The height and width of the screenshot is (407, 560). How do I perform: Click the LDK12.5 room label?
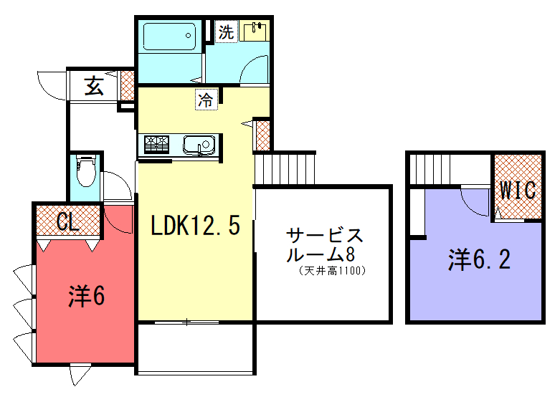(195, 225)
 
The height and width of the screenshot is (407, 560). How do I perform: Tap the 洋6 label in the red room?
(87, 296)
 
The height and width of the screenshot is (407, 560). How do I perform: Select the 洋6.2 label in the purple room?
(479, 259)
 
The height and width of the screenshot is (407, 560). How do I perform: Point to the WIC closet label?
(518, 190)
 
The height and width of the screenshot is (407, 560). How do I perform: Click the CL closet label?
(67, 222)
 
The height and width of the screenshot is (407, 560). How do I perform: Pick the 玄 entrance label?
(94, 86)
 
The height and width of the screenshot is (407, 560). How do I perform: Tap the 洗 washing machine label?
(226, 32)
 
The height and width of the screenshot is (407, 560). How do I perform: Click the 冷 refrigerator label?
(206, 100)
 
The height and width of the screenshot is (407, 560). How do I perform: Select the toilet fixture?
(86, 171)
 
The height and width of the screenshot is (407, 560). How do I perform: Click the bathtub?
(169, 36)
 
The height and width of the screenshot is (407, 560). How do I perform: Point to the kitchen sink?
(199, 145)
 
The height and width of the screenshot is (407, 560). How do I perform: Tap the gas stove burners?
(156, 145)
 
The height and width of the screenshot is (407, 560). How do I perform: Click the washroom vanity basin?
(255, 32)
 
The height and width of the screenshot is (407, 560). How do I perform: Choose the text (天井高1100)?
(332, 271)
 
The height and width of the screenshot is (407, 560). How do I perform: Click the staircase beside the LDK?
(285, 168)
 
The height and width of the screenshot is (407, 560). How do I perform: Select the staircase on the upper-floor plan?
(430, 169)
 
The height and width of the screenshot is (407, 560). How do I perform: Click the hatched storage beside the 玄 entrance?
(127, 86)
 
